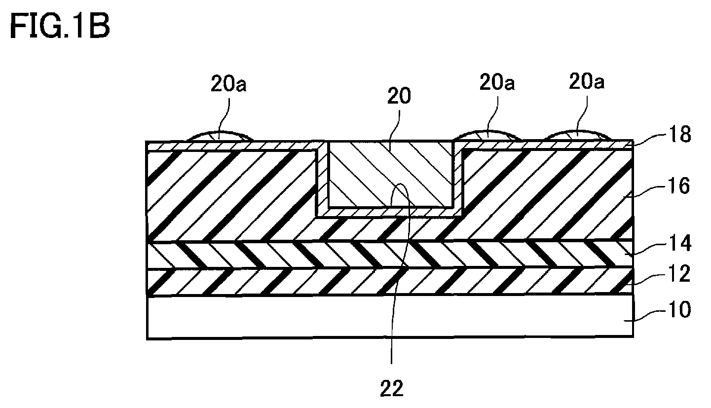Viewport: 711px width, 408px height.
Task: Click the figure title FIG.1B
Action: [x=60, y=27]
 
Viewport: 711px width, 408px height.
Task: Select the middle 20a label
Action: [x=497, y=83]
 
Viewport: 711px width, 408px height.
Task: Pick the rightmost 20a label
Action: [x=587, y=81]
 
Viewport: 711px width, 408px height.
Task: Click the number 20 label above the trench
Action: [x=399, y=96]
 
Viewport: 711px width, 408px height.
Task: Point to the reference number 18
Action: [x=680, y=135]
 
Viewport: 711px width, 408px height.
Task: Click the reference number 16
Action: [x=679, y=186]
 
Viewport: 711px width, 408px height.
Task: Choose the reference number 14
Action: [x=680, y=243]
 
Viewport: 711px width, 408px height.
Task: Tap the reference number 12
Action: [x=679, y=274]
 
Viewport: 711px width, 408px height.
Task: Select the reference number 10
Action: [x=679, y=309]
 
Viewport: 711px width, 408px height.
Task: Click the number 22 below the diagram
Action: [x=392, y=388]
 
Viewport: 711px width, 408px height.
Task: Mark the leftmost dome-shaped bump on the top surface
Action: [x=220, y=137]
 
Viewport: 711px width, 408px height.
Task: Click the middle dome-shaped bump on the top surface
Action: [x=487, y=136]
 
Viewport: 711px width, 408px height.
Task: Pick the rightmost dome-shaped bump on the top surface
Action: [x=577, y=135]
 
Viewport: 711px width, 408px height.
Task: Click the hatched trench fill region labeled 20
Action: [x=391, y=174]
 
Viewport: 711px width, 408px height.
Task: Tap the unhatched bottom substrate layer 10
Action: [x=390, y=317]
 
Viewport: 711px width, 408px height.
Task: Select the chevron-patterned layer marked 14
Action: [x=390, y=255]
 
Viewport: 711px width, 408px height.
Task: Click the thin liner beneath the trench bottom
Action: [x=390, y=212]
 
